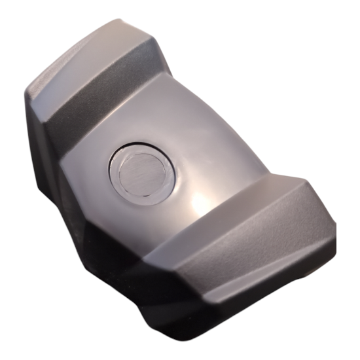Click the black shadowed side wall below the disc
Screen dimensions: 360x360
coord(111,249)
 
